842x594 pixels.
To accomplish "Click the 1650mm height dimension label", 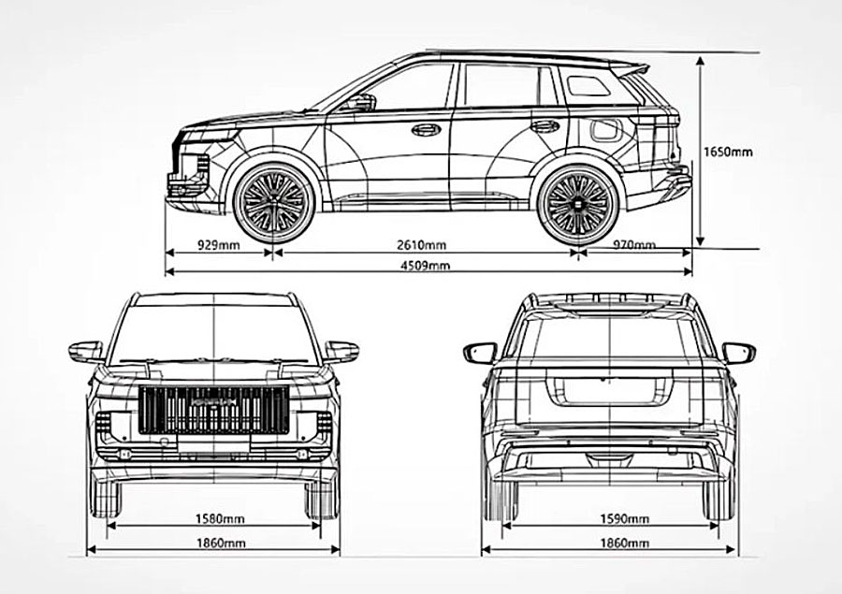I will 727,151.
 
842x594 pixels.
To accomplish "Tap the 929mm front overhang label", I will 219,244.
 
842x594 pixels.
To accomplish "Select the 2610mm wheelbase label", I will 421,244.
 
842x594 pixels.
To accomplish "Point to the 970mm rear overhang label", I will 634,244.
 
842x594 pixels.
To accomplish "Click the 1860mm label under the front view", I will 222,543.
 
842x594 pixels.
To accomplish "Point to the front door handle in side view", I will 426,129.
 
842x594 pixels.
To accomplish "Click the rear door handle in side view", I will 544,126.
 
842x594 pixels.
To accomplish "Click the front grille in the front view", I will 213,410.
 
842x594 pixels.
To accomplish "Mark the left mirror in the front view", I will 86,352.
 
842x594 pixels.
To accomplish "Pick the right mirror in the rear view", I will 738,353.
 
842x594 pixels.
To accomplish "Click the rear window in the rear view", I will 609,339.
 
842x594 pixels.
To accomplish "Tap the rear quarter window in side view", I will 589,86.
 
